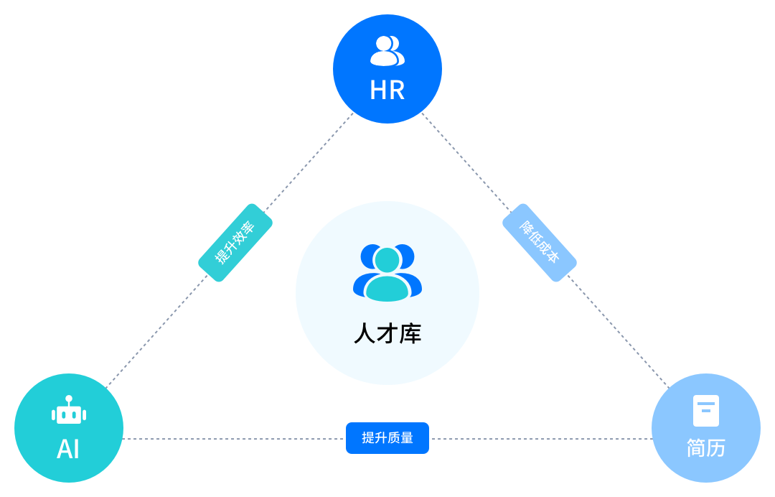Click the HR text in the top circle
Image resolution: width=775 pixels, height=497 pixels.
coord(387,90)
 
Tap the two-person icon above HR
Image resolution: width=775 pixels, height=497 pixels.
coord(387,50)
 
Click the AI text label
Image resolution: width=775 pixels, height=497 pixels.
coord(68,450)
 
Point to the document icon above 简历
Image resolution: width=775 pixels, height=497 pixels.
coord(706,411)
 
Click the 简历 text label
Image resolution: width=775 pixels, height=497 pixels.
coord(706,448)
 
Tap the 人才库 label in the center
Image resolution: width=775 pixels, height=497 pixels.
coord(387,334)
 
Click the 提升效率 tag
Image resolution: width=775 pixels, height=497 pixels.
coord(235,243)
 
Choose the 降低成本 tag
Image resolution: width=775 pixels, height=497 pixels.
coord(540,242)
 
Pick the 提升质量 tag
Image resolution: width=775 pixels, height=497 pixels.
coord(387,438)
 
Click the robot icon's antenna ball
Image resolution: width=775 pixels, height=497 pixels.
coord(69,399)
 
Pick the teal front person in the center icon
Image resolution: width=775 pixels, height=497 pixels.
coord(387,277)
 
